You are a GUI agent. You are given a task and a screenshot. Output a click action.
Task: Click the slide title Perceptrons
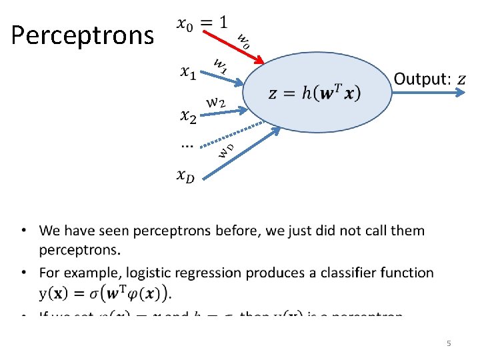coord(82,35)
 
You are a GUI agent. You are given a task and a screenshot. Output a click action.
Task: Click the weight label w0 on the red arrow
coord(243,41)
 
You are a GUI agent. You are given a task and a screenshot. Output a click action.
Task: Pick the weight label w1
coord(220,65)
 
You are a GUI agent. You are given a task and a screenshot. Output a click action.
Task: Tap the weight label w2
coord(216,103)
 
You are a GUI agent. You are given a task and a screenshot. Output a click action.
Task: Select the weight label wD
coord(226,150)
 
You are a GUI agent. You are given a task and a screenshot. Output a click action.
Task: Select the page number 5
coord(449,343)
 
